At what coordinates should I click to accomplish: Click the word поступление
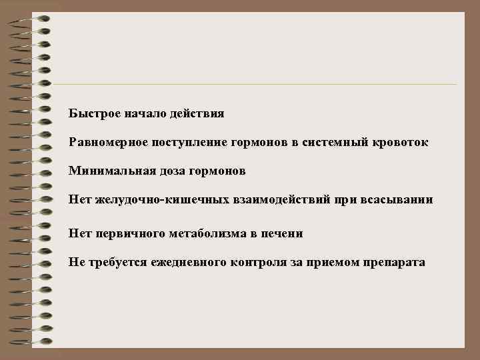(x=191, y=143)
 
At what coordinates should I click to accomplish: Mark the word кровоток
(x=402, y=143)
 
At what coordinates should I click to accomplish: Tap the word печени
(x=285, y=233)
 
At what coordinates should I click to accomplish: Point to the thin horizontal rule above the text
(x=253, y=85)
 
